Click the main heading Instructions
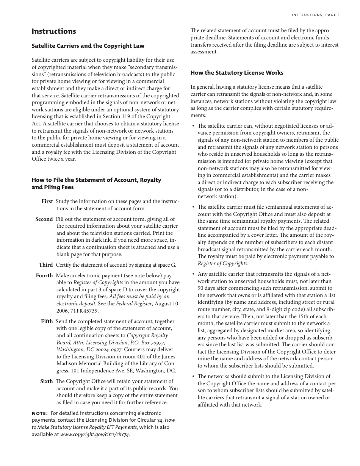click(54, 31)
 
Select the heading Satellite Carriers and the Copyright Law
click(88, 46)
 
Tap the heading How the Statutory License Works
click(237, 73)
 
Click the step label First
click(47, 202)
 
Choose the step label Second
click(44, 219)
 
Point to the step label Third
click(46, 265)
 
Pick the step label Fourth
click(44, 276)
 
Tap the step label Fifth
click(47, 322)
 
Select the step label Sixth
click(47, 382)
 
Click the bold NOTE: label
click(40, 413)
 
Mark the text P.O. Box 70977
click(146, 342)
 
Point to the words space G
click(166, 265)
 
